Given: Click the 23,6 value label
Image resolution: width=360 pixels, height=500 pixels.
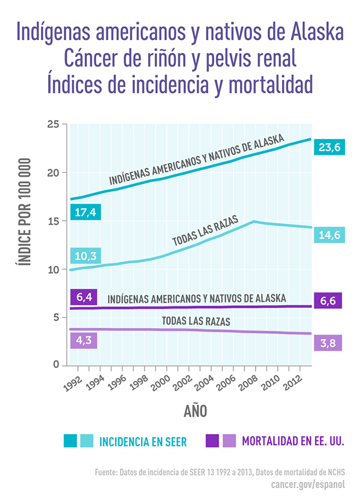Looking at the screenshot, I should tap(328, 146).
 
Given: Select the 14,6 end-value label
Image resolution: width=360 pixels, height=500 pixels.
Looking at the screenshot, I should tap(328, 235).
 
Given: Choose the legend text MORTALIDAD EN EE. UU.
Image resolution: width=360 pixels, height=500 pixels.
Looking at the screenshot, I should tap(293, 442).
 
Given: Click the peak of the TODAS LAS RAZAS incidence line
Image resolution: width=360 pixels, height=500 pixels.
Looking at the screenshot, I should tap(254, 221).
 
